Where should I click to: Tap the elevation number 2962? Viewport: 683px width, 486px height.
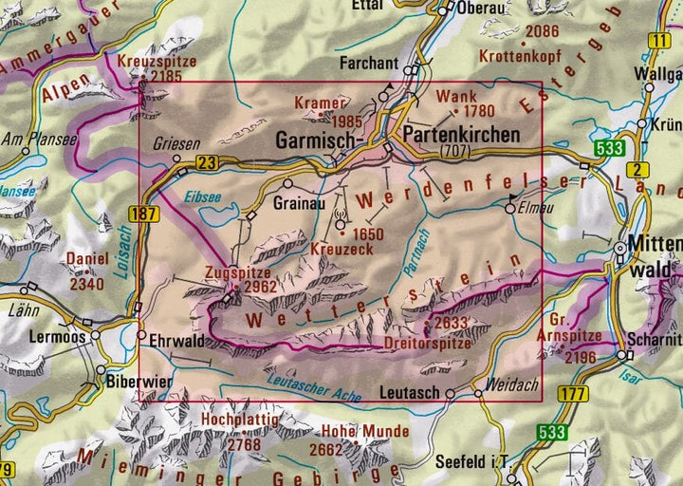[259, 288]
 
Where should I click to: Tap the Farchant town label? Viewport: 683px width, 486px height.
[370, 65]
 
